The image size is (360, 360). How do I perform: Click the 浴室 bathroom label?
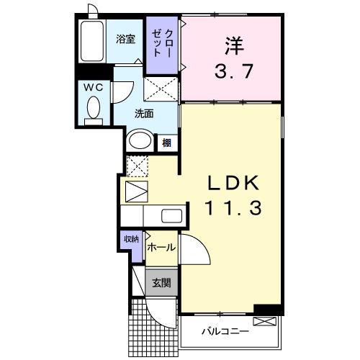pos(125,40)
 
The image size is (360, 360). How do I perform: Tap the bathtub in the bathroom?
pos(92,41)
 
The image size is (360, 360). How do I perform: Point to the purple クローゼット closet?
pos(162,45)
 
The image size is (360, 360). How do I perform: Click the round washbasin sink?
pos(139,141)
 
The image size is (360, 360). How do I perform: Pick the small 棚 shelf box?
pos(166,143)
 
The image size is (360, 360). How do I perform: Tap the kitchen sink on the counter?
pos(171,215)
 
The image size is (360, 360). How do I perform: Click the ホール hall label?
pos(161,247)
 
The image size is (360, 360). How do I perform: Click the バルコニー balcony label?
pos(224,332)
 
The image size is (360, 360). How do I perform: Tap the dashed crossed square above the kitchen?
pos(136,165)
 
